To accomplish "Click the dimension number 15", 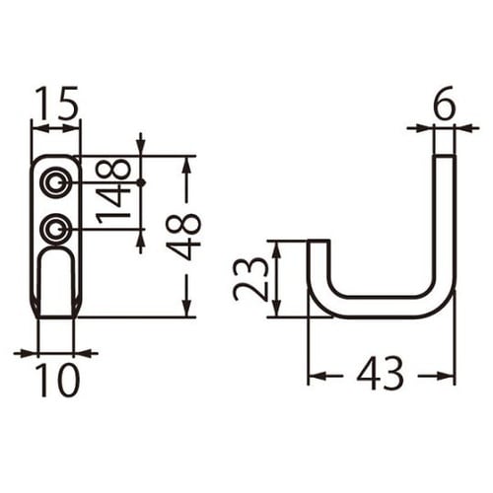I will (56, 104).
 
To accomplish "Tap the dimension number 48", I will (183, 237).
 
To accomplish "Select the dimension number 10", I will (56, 380).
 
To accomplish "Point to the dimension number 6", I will (444, 104).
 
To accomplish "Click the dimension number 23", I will (251, 279).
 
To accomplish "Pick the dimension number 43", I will (381, 374).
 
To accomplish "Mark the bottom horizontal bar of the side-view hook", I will (380, 307).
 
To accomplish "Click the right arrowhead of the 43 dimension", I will (450, 375).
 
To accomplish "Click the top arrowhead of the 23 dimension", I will (277, 246).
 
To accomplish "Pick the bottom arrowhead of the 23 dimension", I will (277, 312).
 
